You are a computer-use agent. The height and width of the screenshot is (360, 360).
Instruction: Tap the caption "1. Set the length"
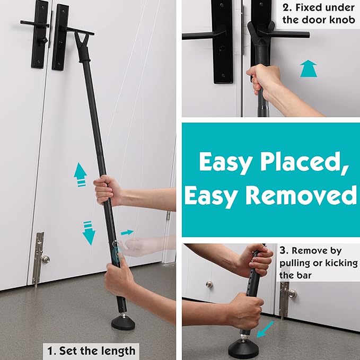(91, 351)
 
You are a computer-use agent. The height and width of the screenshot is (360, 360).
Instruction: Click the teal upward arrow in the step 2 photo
(309, 68)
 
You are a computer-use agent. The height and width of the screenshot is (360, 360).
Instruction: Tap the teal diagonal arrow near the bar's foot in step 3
(266, 329)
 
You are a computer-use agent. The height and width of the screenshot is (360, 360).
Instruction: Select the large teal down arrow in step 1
(89, 233)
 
